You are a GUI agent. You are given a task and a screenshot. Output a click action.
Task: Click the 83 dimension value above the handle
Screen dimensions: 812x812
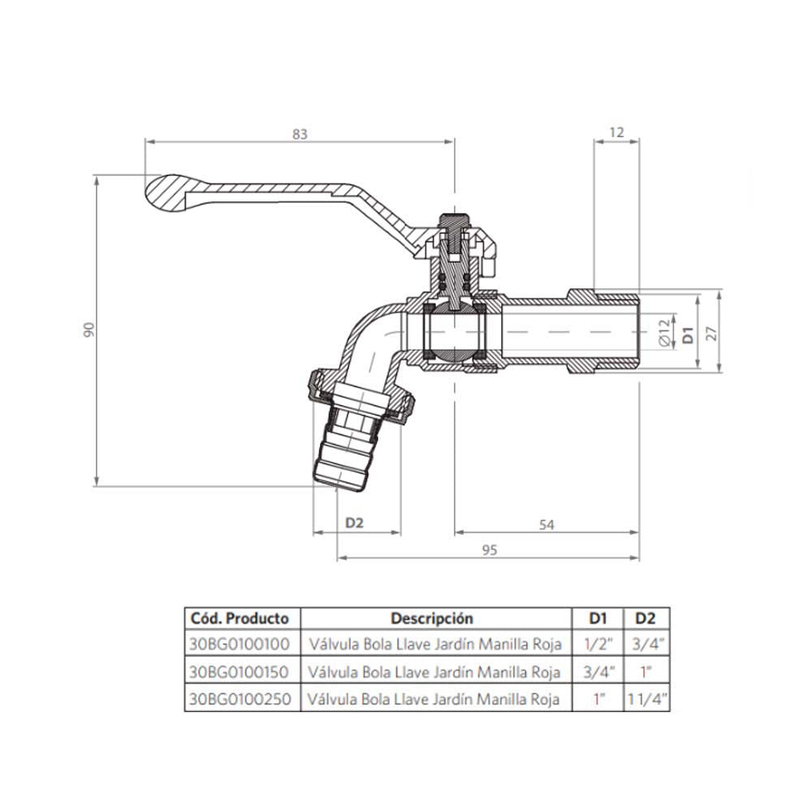(300, 134)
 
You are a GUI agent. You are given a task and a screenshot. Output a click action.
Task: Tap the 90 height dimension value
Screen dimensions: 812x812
(89, 330)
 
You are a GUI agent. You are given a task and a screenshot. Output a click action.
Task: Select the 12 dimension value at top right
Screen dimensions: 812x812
(616, 132)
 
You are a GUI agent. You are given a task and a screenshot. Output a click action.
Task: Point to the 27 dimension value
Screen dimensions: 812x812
(713, 332)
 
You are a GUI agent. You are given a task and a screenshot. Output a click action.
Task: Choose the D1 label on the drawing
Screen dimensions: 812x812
(688, 335)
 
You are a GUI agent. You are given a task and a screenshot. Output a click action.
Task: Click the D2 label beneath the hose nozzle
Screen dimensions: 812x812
(354, 523)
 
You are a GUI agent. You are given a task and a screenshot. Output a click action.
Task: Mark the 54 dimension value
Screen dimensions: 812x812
(546, 525)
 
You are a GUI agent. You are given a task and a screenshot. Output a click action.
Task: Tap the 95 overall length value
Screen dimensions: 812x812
(490, 550)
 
